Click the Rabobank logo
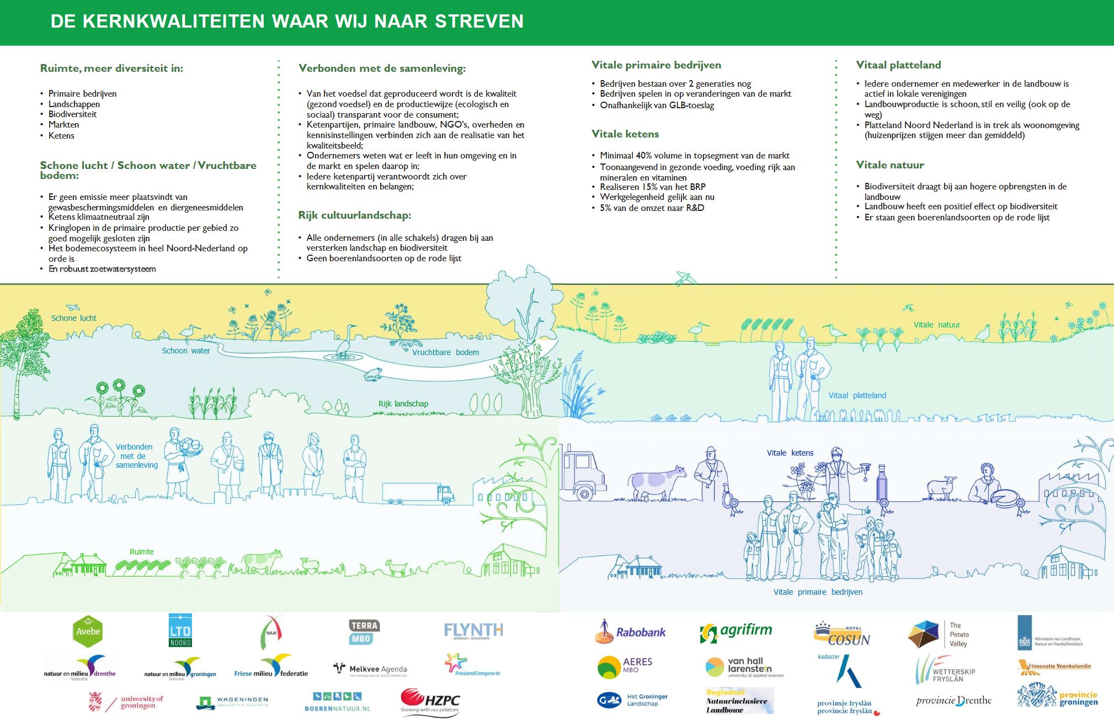631,632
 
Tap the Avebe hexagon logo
88,631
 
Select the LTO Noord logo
180,630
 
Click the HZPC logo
430,702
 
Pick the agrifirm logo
736,632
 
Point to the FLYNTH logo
473,631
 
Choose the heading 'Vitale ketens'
625,134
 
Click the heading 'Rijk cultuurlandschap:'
355,215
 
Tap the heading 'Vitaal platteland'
898,65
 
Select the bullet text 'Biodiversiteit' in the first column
72,114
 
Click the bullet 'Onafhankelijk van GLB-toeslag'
657,105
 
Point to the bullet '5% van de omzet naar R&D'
652,208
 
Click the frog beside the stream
372,374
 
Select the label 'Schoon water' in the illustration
185,351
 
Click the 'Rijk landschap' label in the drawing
403,404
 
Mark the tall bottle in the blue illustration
883,484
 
